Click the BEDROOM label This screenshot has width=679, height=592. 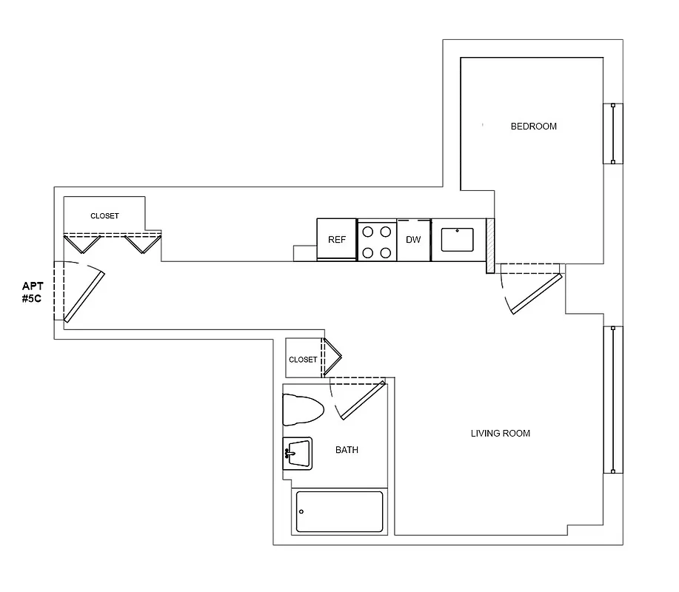(x=533, y=127)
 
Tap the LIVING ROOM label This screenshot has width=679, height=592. (x=501, y=434)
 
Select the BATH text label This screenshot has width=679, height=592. (x=347, y=450)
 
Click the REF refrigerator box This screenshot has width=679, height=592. (x=337, y=240)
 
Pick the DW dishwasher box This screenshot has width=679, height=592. (x=413, y=240)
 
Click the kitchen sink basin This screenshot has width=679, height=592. (x=457, y=240)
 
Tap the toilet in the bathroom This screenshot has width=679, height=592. (x=303, y=409)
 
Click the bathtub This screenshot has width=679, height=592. (x=340, y=511)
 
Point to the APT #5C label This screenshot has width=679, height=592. (x=33, y=292)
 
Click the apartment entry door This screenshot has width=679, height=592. (x=83, y=296)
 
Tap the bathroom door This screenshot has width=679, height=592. (x=361, y=401)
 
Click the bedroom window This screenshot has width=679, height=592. (x=613, y=133)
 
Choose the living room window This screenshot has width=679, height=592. (x=612, y=400)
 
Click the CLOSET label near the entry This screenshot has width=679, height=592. (x=104, y=216)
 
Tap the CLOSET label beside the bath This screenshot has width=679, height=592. (x=303, y=360)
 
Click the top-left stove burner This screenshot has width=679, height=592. (x=368, y=230)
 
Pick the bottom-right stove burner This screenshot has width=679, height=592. (x=386, y=252)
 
